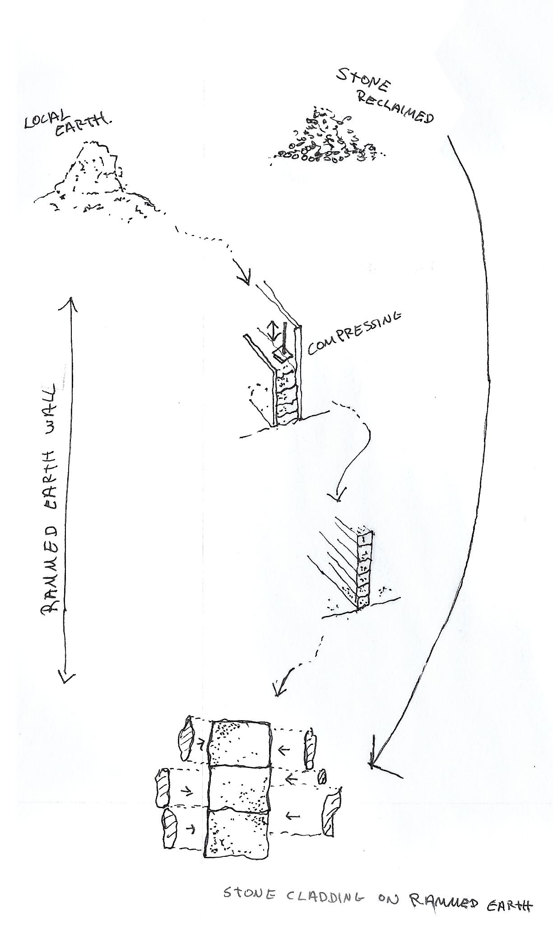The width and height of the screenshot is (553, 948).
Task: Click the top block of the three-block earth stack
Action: tap(239, 742)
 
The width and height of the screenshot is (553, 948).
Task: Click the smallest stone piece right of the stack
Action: tap(322, 777)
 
